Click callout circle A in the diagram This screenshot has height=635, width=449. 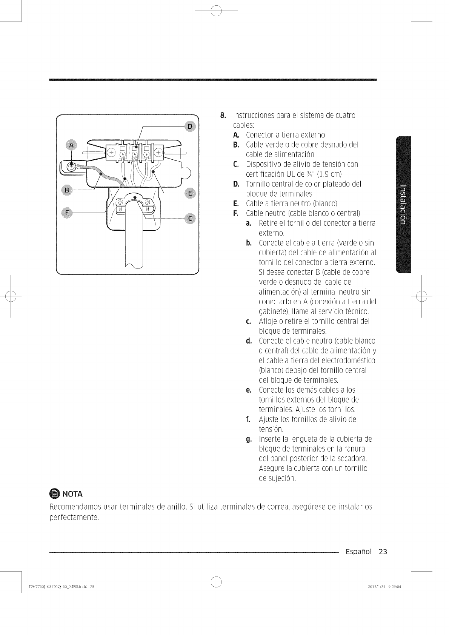[71, 145]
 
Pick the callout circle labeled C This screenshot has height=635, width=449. [190, 219]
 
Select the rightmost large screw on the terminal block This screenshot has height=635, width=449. [158, 152]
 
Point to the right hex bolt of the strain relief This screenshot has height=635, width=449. [147, 202]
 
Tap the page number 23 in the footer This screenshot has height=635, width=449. [383, 552]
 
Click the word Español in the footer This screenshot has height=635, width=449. [358, 552]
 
